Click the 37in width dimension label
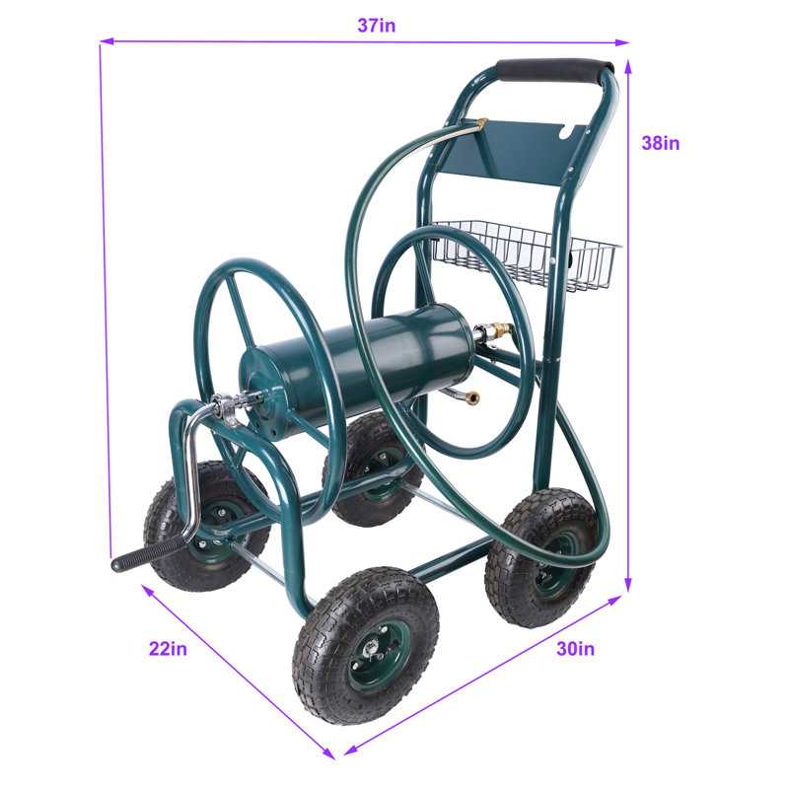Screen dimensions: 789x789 (x=377, y=26)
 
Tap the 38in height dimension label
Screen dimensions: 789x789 (x=660, y=143)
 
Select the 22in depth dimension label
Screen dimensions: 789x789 (x=168, y=649)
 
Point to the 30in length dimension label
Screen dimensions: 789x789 (x=575, y=649)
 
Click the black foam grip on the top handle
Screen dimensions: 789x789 (x=554, y=69)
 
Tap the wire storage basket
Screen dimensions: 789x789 (x=526, y=254)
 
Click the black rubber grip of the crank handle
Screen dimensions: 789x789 (x=146, y=553)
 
